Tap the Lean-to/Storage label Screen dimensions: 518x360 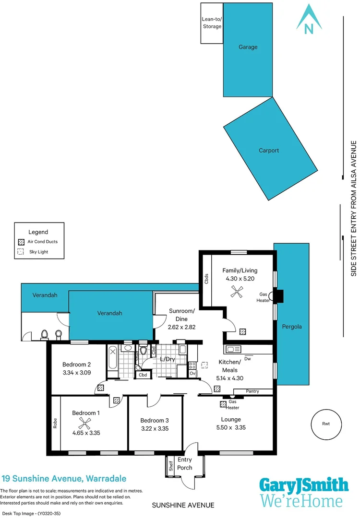click(x=212, y=23)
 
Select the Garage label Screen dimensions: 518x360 click(x=248, y=47)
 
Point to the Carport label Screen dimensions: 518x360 click(x=269, y=150)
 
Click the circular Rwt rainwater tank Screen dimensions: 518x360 click(x=326, y=424)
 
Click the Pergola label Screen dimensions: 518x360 click(x=292, y=327)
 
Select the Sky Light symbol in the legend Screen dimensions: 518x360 click(x=21, y=252)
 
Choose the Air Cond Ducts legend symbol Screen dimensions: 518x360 click(x=21, y=242)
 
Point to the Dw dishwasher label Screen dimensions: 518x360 click(x=248, y=359)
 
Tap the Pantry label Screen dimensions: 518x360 click(x=252, y=391)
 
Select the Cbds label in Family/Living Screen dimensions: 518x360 click(x=206, y=279)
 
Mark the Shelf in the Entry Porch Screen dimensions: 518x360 click(x=170, y=465)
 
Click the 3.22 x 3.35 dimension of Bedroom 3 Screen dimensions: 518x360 click(x=155, y=429)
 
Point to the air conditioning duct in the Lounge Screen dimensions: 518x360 click(x=223, y=404)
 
